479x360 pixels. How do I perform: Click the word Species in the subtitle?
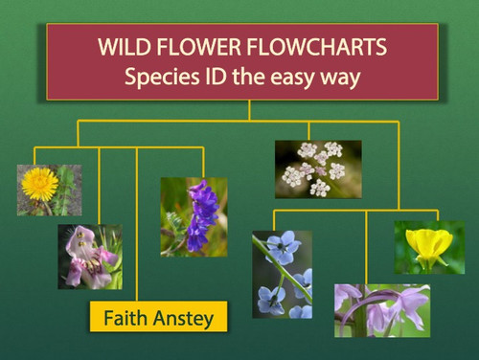[159, 78]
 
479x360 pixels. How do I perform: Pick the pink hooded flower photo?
[89, 256]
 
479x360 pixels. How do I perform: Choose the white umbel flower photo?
[318, 169]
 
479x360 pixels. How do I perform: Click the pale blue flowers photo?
[282, 273]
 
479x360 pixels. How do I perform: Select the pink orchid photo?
[381, 309]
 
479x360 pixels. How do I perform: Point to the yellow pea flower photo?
[429, 247]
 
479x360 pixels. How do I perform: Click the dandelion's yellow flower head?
[40, 181]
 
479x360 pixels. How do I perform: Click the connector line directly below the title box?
[248, 110]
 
